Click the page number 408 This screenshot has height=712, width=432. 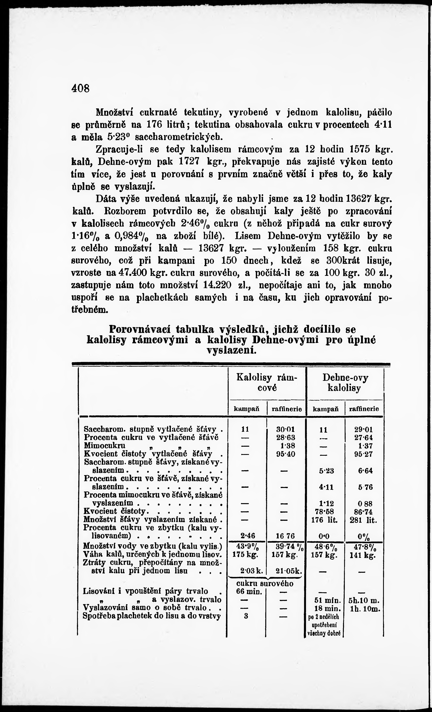point(81,88)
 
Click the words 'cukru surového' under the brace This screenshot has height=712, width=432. point(265,583)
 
